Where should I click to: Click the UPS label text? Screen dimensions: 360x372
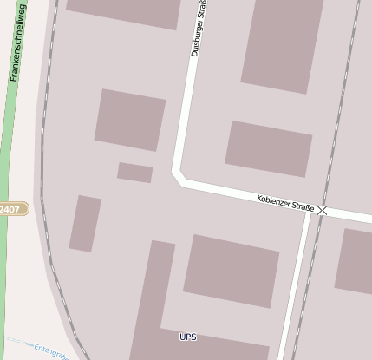188,337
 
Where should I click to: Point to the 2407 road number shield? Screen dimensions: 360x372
11,209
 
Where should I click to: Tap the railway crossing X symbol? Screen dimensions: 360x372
323,210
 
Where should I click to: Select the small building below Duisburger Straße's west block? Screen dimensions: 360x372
134,173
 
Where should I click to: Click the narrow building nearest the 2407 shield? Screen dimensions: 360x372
85,224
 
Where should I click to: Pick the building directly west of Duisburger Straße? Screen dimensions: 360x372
130,120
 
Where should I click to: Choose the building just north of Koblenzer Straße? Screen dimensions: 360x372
269,148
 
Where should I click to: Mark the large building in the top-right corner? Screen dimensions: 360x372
283,43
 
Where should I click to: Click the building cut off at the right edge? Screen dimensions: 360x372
354,259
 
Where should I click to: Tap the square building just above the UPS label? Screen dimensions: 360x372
231,271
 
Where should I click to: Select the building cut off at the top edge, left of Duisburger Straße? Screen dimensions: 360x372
124,10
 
